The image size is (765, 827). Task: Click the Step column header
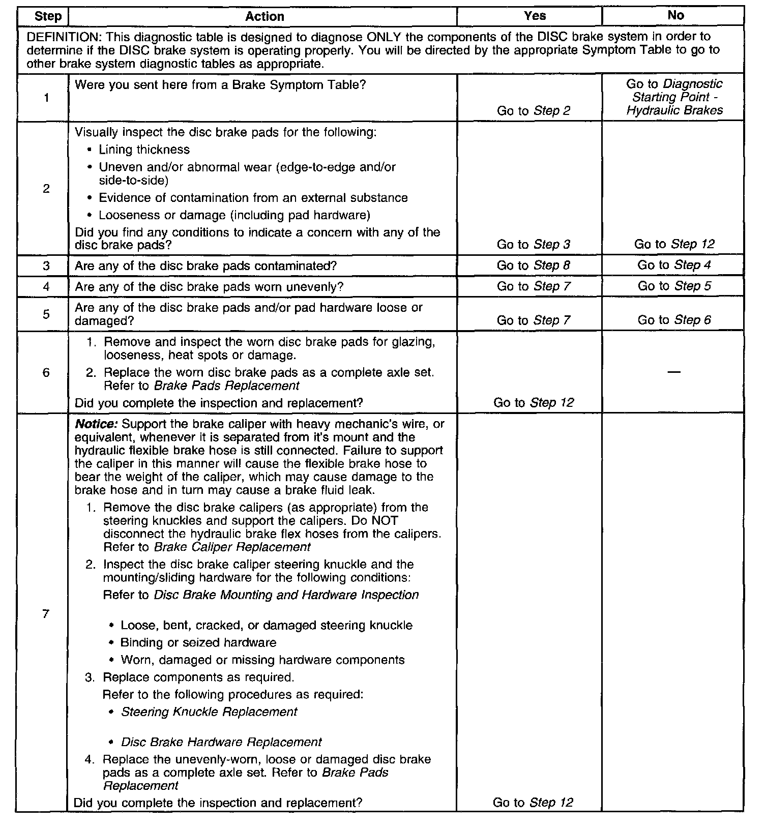pyautogui.click(x=48, y=16)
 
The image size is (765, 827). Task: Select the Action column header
pyautogui.click(x=264, y=16)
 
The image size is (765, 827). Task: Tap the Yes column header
pyautogui.click(x=535, y=16)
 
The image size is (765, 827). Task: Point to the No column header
pyautogui.click(x=675, y=16)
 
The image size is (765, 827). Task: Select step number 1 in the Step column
pyautogui.click(x=46, y=98)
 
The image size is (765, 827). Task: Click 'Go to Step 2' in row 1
pyautogui.click(x=534, y=111)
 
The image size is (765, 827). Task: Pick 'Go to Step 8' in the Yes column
pyautogui.click(x=534, y=265)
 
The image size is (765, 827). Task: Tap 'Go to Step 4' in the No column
pyautogui.click(x=674, y=265)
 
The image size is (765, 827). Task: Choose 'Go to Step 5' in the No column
pyautogui.click(x=674, y=286)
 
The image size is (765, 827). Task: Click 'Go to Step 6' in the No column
pyautogui.click(x=674, y=320)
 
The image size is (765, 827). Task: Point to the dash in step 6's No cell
pyautogui.click(x=674, y=372)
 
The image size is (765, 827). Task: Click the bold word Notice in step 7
pyautogui.click(x=97, y=424)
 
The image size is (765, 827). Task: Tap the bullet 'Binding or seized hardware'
pyautogui.click(x=198, y=642)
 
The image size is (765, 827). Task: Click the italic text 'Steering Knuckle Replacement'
pyautogui.click(x=209, y=712)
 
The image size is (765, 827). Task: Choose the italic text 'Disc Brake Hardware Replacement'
pyautogui.click(x=221, y=742)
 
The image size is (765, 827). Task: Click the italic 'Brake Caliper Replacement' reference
pyautogui.click(x=232, y=547)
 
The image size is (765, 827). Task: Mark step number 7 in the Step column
pyautogui.click(x=46, y=614)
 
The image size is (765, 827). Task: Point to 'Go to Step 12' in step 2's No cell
pyautogui.click(x=674, y=244)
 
